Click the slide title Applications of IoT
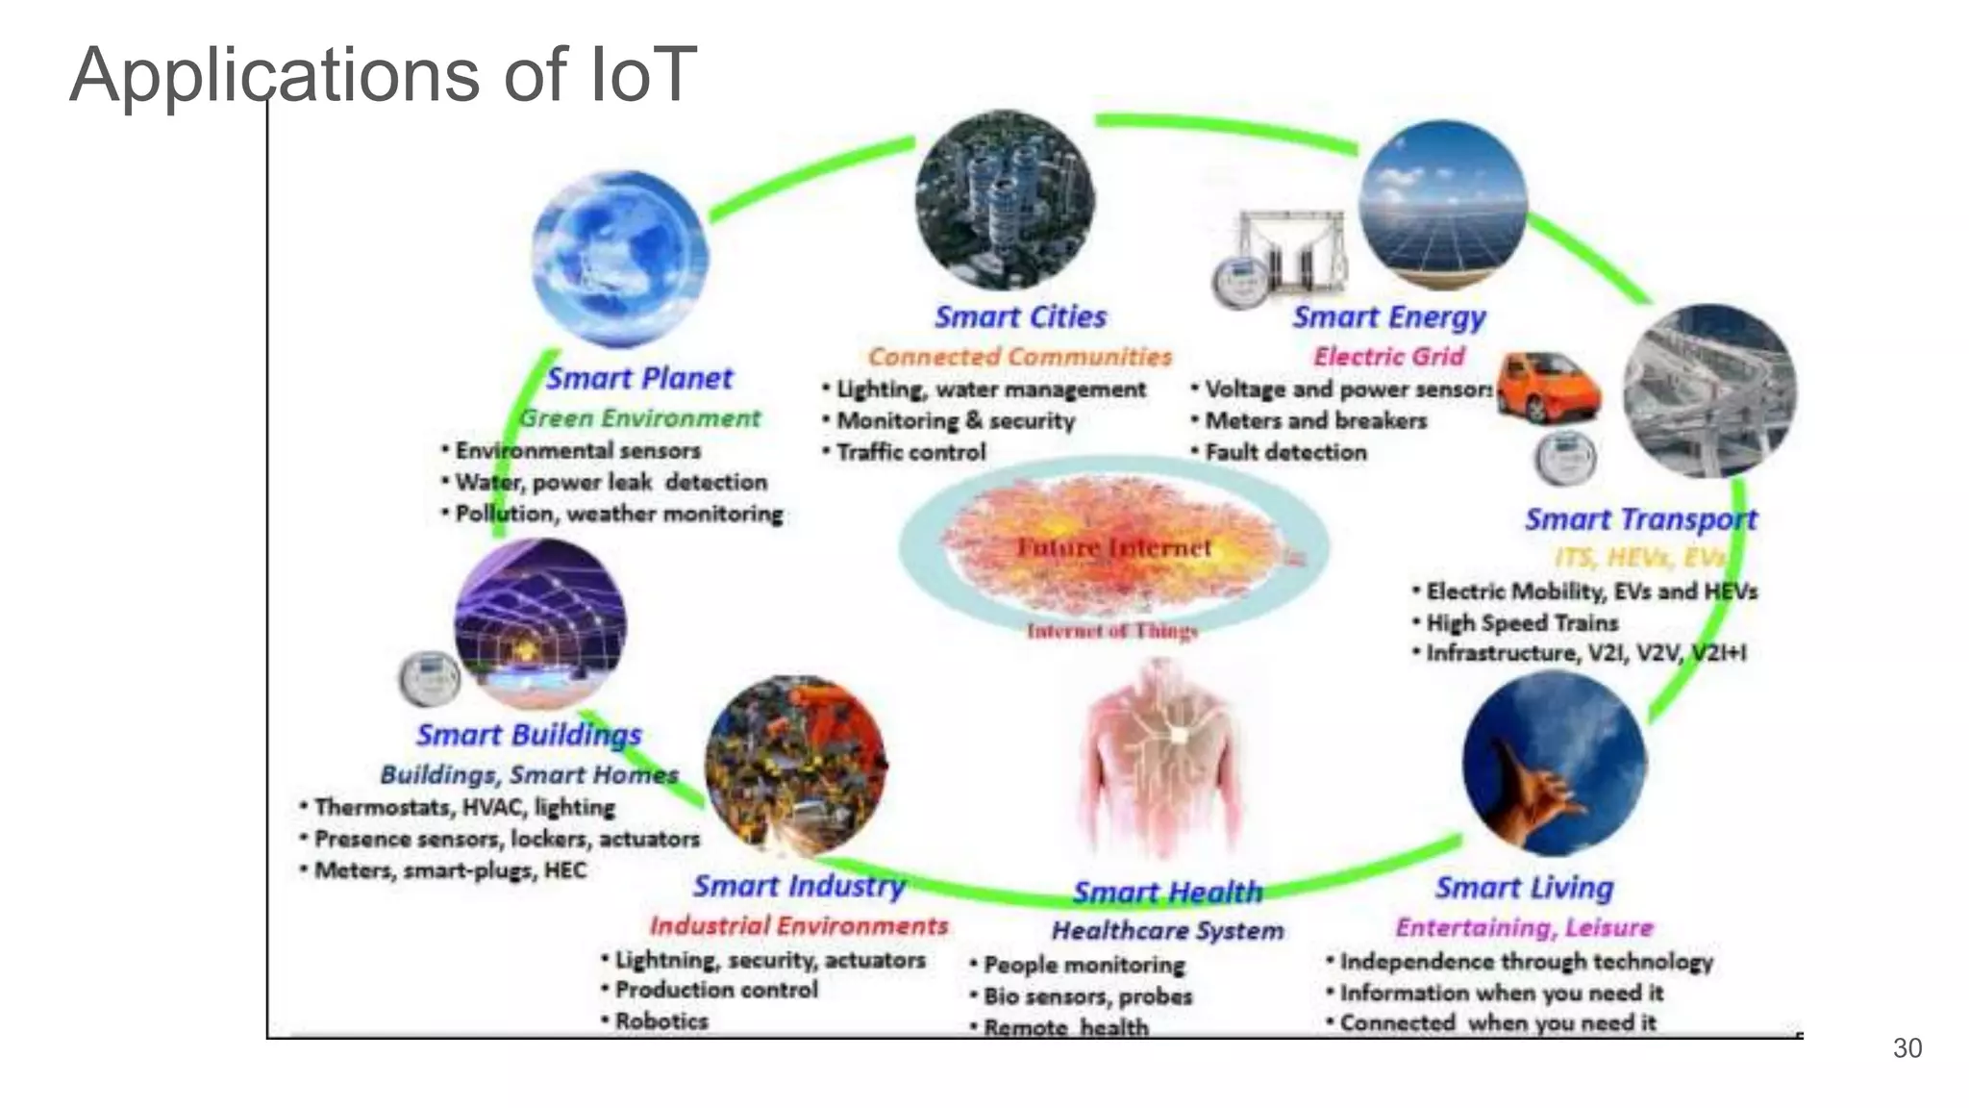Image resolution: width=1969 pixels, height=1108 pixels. click(x=383, y=75)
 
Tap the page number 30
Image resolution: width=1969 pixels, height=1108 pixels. click(x=1907, y=1048)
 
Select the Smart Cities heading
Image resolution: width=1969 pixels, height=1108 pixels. click(x=1020, y=316)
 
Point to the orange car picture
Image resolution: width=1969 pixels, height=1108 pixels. click(x=1548, y=387)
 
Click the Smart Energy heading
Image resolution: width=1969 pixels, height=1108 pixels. click(x=1388, y=316)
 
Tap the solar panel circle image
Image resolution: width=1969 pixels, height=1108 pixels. click(x=1442, y=205)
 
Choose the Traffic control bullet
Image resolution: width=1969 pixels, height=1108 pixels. click(x=910, y=452)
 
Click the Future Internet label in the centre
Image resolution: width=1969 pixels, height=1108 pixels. click(x=1113, y=548)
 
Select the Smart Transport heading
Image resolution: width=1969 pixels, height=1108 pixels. click(x=1640, y=519)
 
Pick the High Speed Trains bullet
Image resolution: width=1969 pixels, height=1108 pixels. click(x=1521, y=622)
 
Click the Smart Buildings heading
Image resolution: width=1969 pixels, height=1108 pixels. click(x=529, y=735)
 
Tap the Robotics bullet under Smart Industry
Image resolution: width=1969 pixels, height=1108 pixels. click(x=661, y=1021)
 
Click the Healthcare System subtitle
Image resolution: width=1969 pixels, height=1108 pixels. click(x=1167, y=931)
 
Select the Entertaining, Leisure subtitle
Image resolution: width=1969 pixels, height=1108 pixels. click(x=1524, y=928)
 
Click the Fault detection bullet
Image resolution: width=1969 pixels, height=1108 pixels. click(x=1284, y=452)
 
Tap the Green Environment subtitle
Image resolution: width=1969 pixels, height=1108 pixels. click(x=639, y=418)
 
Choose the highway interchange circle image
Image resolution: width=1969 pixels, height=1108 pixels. click(x=1709, y=391)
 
